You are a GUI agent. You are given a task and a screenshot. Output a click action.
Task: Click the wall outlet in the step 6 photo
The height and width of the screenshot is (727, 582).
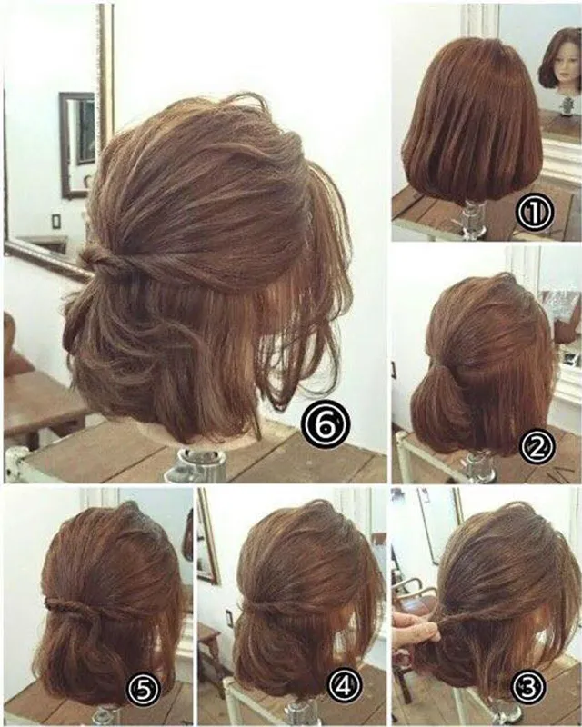click(55, 222)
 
